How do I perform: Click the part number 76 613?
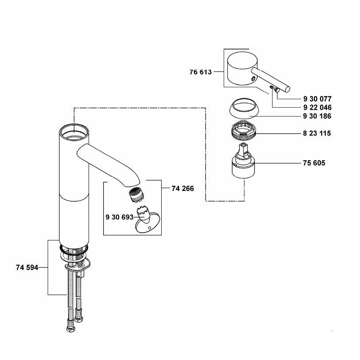coord(201,72)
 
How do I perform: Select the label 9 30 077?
coord(317,99)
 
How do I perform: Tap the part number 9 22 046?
coord(317,108)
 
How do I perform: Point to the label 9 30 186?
coord(317,116)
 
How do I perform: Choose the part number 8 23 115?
coord(317,133)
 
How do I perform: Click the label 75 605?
coord(314,163)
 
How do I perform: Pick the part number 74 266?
coord(182,189)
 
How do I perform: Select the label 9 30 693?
coord(120,217)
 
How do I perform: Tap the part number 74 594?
coord(27,267)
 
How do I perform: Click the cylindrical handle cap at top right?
coord(242,69)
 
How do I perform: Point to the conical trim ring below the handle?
coord(244,108)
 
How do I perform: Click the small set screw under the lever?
coord(271,88)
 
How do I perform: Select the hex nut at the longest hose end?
coord(70,329)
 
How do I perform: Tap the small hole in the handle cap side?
coord(253,79)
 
